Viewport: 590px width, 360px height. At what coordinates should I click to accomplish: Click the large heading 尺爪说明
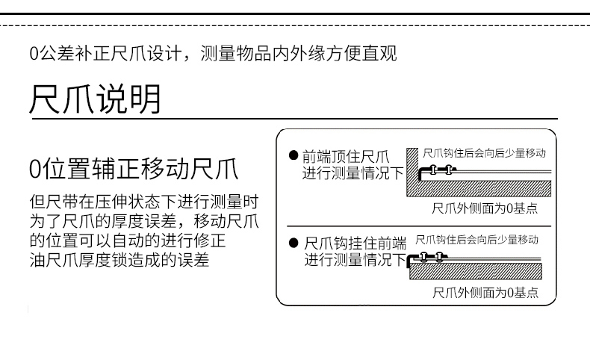pyautogui.click(x=95, y=99)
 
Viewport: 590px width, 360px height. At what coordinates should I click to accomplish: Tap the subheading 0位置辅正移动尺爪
pyautogui.click(x=134, y=169)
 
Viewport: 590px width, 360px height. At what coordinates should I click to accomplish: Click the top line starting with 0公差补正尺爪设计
pyautogui.click(x=213, y=53)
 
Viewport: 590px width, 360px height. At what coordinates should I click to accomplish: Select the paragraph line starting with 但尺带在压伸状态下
pyautogui.click(x=144, y=202)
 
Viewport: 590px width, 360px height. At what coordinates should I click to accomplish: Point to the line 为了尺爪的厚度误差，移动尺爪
pyautogui.click(x=144, y=221)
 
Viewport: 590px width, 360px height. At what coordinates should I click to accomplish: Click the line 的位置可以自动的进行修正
pyautogui.click(x=128, y=240)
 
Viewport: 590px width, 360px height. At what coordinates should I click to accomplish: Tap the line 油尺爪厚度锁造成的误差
pyautogui.click(x=119, y=260)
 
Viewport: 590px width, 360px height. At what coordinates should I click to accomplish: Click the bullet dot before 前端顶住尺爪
pyautogui.click(x=294, y=155)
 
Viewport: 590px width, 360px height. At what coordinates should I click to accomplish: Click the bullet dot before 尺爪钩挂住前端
pyautogui.click(x=294, y=243)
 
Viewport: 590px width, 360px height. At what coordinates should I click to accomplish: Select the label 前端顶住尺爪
pyautogui.click(x=346, y=156)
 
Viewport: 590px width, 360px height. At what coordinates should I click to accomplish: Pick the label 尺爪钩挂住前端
pyautogui.click(x=355, y=243)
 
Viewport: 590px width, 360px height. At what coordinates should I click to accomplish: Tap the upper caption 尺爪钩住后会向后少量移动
pyautogui.click(x=484, y=153)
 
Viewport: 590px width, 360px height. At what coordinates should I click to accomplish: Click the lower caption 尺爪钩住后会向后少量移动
pyautogui.click(x=476, y=240)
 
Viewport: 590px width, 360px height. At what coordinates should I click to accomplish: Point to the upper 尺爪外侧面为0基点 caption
pyautogui.click(x=485, y=208)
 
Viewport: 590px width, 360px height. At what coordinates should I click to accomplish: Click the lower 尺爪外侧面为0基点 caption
pyautogui.click(x=485, y=292)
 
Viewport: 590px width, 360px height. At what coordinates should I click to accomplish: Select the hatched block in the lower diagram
pyautogui.click(x=476, y=271)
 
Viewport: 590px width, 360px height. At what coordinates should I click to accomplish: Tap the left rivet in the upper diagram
pyautogui.click(x=433, y=170)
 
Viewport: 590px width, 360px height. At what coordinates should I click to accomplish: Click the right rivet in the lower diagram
pyautogui.click(x=438, y=258)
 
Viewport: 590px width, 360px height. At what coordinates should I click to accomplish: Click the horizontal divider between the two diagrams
pyautogui.click(x=419, y=226)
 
